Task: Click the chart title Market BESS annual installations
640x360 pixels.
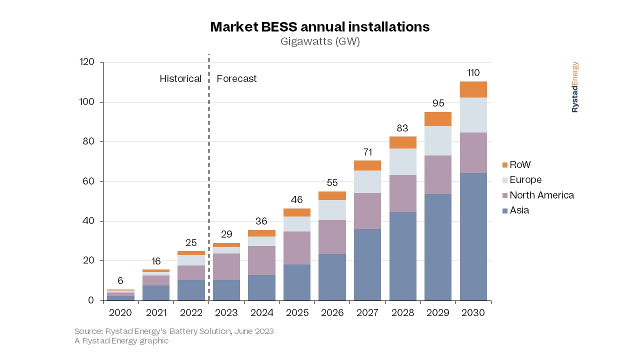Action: pos(319,27)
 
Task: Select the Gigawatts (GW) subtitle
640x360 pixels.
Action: pos(319,42)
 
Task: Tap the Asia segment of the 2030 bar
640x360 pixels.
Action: pos(473,236)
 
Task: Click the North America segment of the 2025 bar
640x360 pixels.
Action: pos(296,248)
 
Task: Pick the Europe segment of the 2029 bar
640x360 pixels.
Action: pos(438,140)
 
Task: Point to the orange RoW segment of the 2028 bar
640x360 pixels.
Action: pos(402,142)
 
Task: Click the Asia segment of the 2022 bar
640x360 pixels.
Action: pos(191,290)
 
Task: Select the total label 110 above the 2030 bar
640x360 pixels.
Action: pos(473,73)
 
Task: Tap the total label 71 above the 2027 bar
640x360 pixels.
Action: pos(367,152)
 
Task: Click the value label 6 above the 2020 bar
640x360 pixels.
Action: pos(120,281)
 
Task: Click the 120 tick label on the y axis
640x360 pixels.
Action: pos(87,62)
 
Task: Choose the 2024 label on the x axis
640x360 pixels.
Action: pos(261,312)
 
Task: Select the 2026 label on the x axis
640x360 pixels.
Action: pos(332,312)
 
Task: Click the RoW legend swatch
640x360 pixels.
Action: pos(505,165)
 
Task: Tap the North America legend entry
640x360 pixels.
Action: pos(541,195)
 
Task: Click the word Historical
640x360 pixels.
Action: pos(180,78)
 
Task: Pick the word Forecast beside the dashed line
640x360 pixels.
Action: pos(236,78)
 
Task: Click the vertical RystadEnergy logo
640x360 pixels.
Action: pos(575,87)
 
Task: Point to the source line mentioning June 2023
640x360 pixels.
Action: pos(174,331)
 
